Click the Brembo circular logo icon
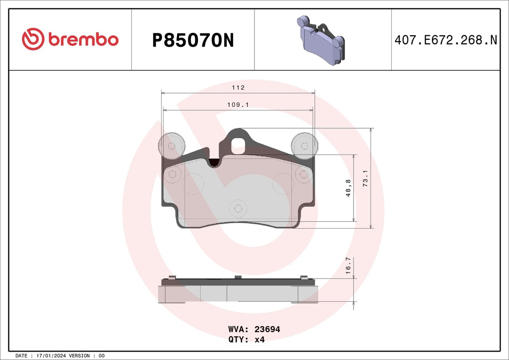pyautogui.click(x=33, y=39)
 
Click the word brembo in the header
pyautogui.click(x=83, y=40)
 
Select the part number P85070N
pyautogui.click(x=192, y=40)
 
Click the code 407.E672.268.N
pyautogui.click(x=445, y=40)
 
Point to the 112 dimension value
pyautogui.click(x=238, y=88)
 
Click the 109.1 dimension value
pyautogui.click(x=238, y=105)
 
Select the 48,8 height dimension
pyautogui.click(x=348, y=188)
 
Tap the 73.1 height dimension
pyautogui.click(x=365, y=178)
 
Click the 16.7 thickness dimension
pyautogui.click(x=348, y=265)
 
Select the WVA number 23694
pyautogui.click(x=267, y=329)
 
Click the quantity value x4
pyautogui.click(x=259, y=340)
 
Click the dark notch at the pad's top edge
pyautogui.click(x=215, y=162)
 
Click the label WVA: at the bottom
pyautogui.click(x=239, y=329)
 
